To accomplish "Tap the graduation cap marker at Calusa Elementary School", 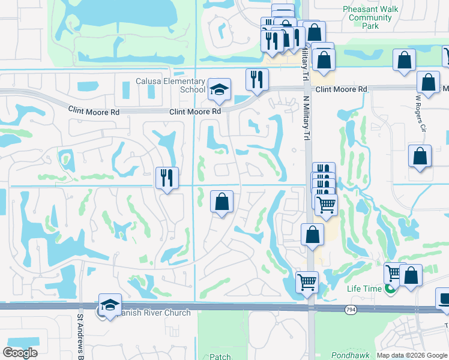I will pos(220,90).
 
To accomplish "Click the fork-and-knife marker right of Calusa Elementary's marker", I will pos(257,80).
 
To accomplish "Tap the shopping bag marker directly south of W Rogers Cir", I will pos(420,157).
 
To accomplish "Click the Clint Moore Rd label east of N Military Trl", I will pos(341,89).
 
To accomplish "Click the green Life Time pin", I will pos(391,289).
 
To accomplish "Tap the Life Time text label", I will pos(364,289).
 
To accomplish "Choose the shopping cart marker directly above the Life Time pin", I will pos(394,274).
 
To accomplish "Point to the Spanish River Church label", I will pos(152,313).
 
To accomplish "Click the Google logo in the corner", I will pos(20,353).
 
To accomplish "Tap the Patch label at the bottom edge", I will pos(220,356).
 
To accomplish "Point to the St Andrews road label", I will pos(81,337).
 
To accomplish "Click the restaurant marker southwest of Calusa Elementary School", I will pos(166,178).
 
